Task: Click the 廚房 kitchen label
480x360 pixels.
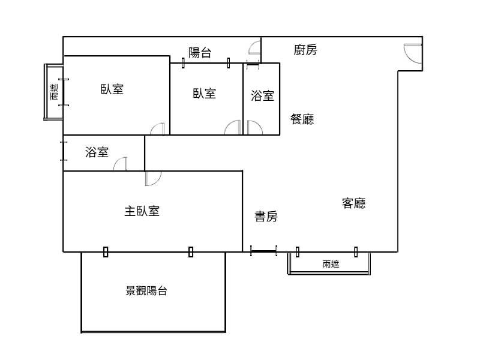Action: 305,50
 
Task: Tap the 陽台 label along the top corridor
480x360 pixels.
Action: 200,53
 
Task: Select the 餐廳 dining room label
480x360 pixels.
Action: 302,119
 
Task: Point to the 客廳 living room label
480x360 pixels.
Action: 353,203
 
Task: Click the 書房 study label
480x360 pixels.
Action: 266,217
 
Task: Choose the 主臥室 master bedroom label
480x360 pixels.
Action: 142,211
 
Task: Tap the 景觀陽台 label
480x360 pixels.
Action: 146,292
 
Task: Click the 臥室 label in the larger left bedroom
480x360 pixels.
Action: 112,89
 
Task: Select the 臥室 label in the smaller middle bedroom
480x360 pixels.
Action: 205,94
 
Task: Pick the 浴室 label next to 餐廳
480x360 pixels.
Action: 262,96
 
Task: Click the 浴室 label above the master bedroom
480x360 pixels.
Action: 97,152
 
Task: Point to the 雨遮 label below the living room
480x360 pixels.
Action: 331,264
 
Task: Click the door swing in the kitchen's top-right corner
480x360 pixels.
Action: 412,53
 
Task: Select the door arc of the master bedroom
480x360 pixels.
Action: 153,178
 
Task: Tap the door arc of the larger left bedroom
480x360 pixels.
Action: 157,129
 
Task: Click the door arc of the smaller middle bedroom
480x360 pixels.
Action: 233,128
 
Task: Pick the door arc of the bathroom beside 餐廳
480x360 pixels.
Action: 253,128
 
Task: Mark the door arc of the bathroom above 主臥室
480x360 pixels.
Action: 121,164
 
